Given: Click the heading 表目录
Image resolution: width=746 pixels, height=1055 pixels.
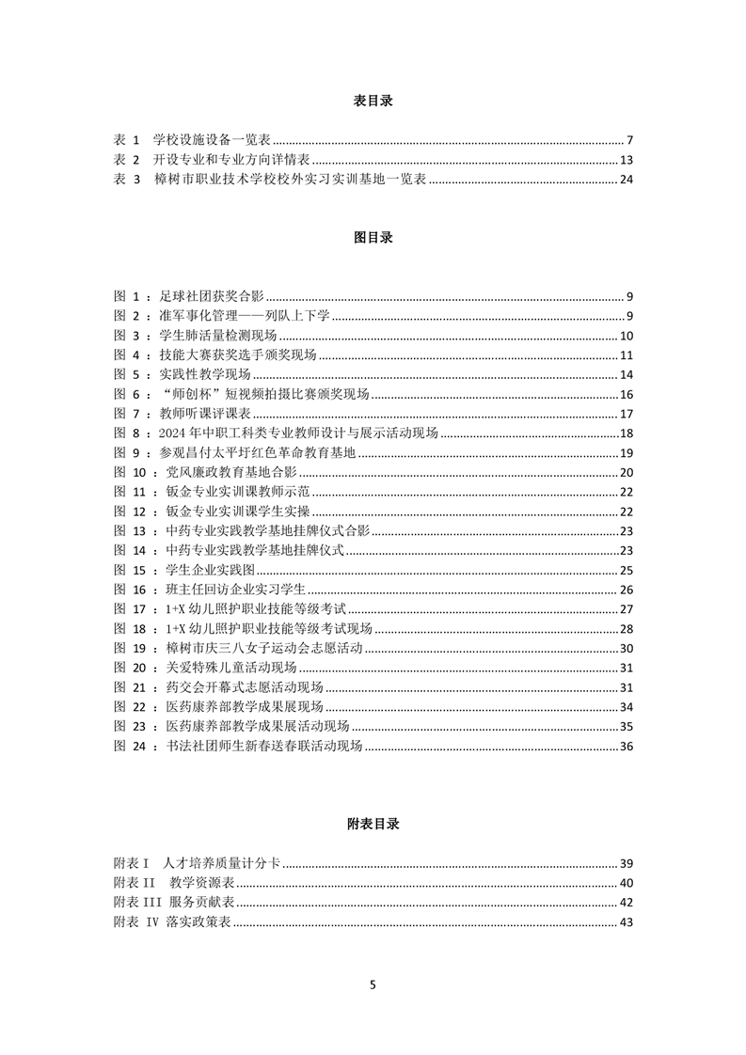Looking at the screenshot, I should click(373, 102).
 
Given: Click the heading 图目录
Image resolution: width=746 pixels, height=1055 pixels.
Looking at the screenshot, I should click(373, 238).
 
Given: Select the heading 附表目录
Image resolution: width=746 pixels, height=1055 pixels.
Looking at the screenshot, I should click(373, 824).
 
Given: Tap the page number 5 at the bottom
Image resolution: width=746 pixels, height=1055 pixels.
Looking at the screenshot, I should click(373, 985).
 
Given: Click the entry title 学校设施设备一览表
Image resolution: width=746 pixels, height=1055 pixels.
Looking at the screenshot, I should click(213, 139).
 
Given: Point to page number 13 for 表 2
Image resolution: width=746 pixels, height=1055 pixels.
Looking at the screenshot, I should click(627, 160).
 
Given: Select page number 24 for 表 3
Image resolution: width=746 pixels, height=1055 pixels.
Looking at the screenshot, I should click(627, 180).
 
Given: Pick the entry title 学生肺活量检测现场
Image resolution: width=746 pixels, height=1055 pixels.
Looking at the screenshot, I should click(218, 336).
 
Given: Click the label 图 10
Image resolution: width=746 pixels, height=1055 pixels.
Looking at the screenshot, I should click(131, 472).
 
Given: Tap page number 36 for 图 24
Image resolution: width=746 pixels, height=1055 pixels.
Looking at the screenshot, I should click(627, 747).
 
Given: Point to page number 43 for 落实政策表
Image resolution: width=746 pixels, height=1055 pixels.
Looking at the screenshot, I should click(627, 922).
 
